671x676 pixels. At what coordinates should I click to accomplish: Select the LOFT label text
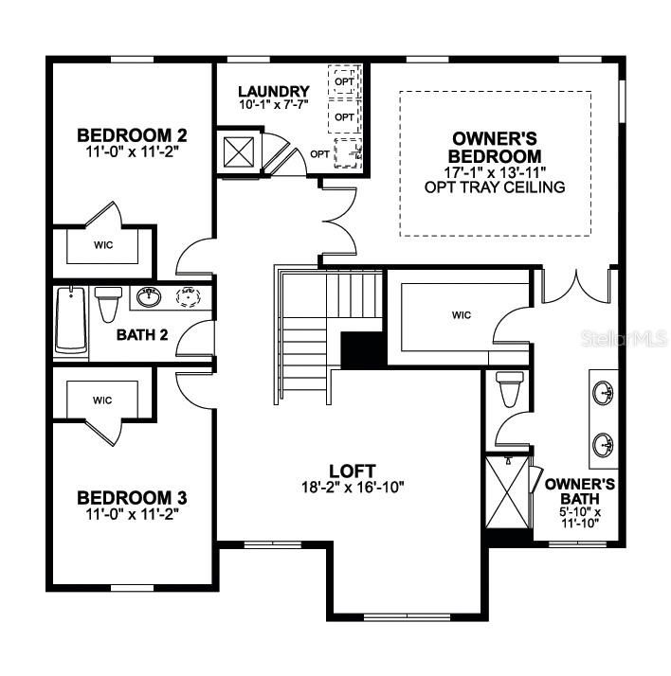pos(353,471)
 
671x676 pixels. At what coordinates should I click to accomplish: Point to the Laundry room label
pos(273,92)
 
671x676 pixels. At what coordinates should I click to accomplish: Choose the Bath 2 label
pos(142,334)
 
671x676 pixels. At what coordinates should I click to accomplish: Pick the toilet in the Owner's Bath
pos(508,387)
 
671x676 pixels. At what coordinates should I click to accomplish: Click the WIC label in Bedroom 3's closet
pos(102,400)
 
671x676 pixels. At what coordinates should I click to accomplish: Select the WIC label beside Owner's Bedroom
pos(462,315)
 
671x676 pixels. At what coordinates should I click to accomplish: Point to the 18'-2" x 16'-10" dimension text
pos(353,488)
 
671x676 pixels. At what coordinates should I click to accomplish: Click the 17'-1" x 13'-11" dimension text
pos(495,172)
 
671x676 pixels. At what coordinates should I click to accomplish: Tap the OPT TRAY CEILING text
pos(495,187)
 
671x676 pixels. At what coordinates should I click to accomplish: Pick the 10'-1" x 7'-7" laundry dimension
pos(273,106)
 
